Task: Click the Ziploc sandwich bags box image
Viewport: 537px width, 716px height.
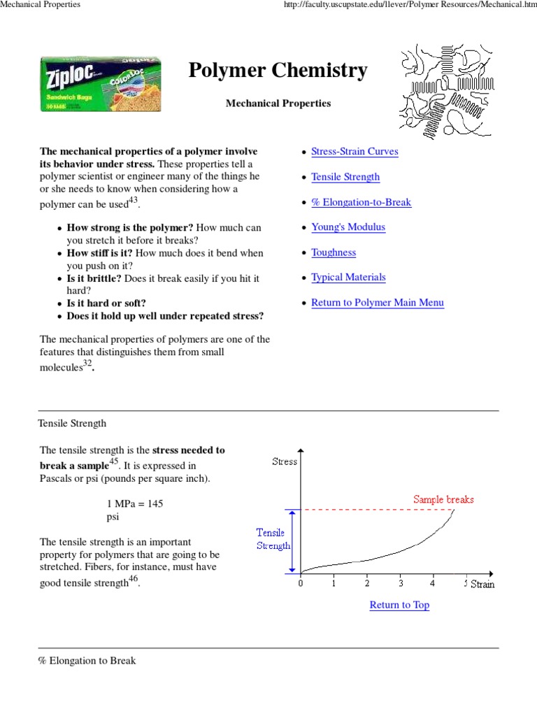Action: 101,85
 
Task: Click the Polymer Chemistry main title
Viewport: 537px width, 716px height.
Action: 278,71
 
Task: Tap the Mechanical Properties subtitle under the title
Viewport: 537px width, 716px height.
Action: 278,103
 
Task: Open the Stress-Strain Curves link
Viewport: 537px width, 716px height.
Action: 355,152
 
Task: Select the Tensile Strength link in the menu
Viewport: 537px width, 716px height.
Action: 345,177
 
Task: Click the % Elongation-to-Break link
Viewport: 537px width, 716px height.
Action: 361,202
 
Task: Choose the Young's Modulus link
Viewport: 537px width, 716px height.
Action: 348,227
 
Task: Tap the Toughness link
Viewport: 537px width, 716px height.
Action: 334,252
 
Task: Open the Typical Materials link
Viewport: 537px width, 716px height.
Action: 348,278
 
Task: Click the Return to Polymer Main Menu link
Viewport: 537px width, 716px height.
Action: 378,303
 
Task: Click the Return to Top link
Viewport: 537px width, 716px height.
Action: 399,605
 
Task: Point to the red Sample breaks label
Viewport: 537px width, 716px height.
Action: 443,499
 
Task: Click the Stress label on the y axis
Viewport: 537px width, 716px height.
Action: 285,461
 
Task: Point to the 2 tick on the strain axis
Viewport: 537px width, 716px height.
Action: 367,583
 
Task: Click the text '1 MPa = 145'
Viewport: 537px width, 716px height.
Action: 135,503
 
